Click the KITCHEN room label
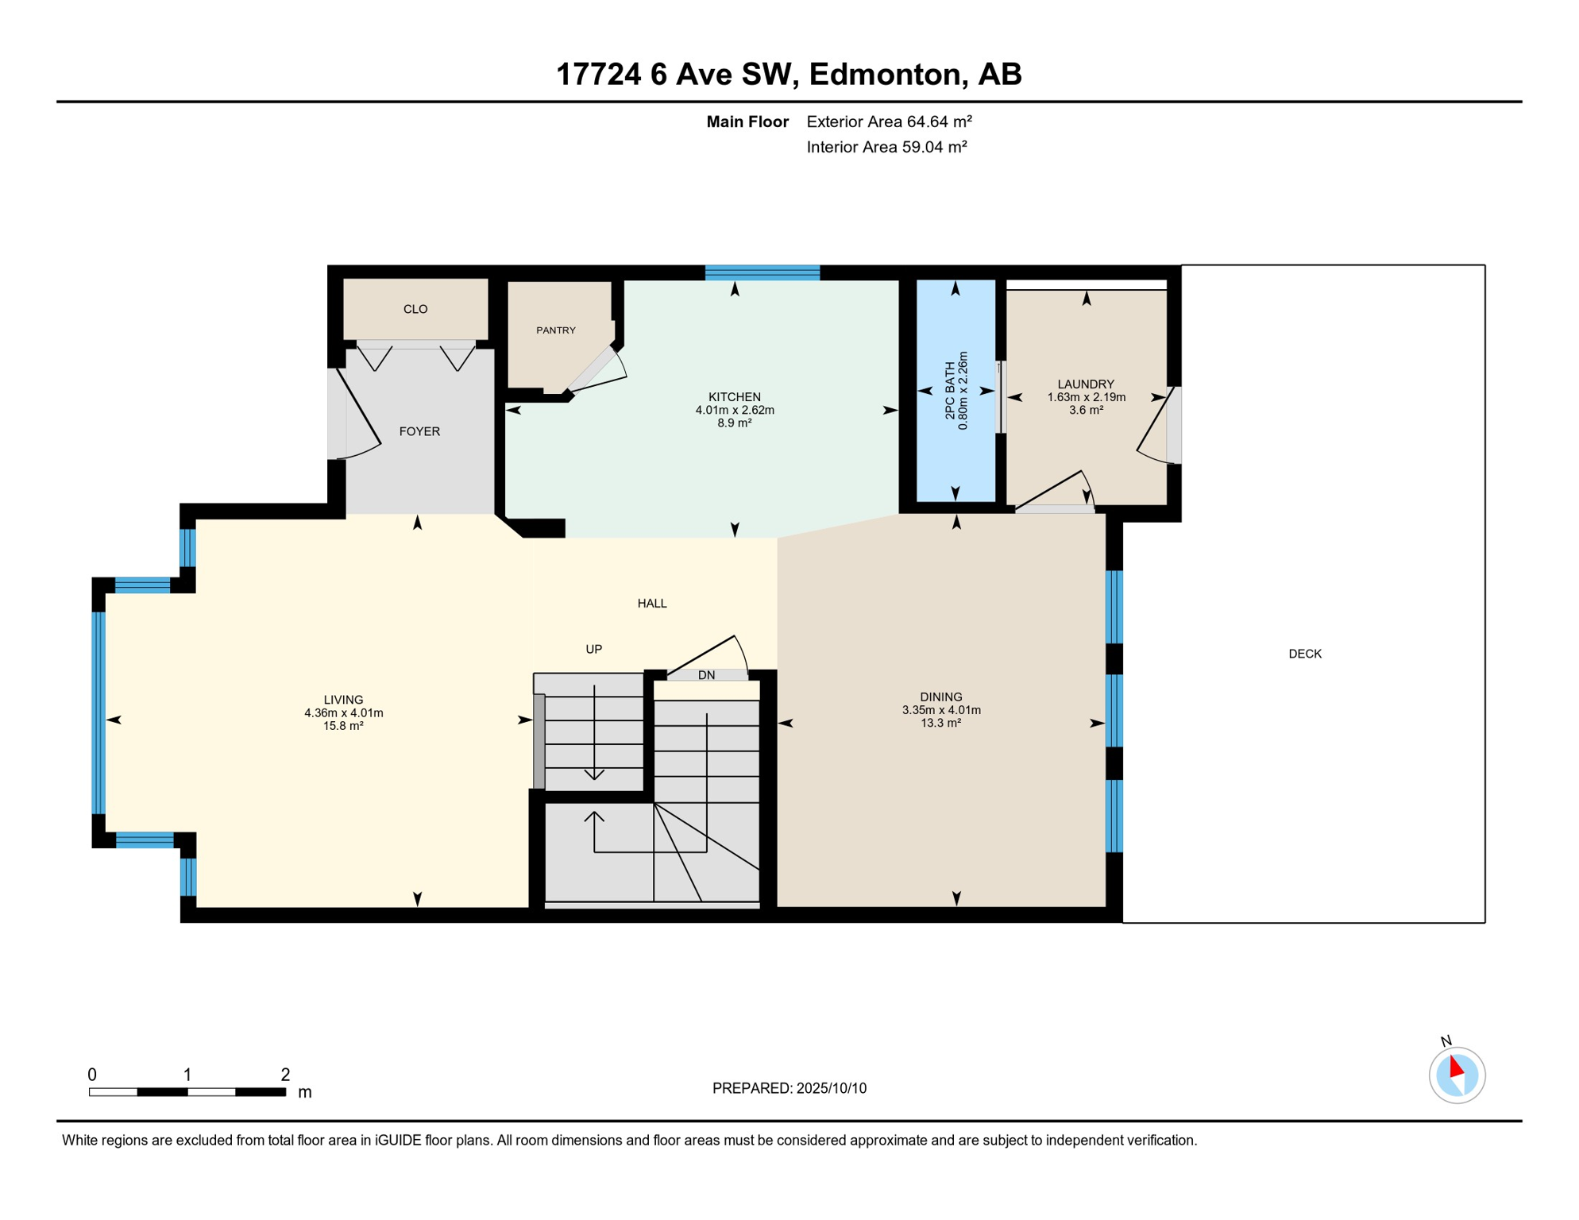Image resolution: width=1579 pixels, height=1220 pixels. coord(734,396)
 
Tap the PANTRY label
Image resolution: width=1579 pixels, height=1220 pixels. coord(555,330)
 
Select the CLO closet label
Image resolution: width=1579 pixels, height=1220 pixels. coord(415,309)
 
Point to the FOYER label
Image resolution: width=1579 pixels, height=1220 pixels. coord(419,431)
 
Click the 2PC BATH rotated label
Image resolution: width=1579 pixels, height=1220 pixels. coord(950,391)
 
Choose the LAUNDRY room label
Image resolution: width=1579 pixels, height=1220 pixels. coord(1085,384)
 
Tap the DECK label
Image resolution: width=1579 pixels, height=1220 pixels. coord(1304,654)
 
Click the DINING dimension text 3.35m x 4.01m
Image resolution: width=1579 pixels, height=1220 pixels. coord(940,710)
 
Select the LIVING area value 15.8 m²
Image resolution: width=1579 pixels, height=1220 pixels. coord(343,726)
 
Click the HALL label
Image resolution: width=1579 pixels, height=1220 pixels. coord(651,604)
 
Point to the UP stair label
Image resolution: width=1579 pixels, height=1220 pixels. coord(593,649)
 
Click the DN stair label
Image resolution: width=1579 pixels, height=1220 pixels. coord(706,675)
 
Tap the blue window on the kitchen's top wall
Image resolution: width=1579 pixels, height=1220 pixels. coord(762,272)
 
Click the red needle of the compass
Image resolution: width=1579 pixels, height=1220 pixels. coord(1456,1066)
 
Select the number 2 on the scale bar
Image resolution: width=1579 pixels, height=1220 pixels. coord(285,1075)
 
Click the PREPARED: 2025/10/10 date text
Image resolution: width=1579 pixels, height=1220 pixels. coord(789,1088)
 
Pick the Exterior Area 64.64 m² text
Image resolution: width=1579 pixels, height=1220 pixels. coord(889,122)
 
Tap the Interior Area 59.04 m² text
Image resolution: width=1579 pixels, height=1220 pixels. coord(886,147)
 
